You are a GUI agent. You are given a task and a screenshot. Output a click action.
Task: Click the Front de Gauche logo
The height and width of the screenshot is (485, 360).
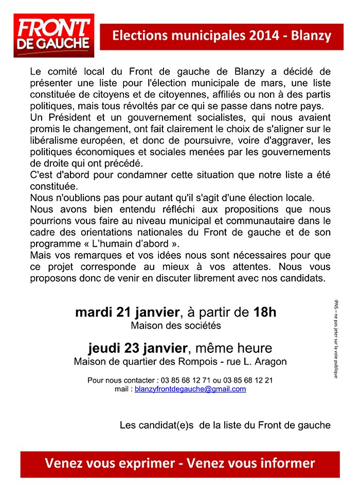pos(53,36)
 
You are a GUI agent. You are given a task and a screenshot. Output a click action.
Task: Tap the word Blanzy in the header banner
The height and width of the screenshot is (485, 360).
pos(311,36)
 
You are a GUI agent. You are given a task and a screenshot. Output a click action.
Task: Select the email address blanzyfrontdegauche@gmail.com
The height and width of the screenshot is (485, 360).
pos(190,389)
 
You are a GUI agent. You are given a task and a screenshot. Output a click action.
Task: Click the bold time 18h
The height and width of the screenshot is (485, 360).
pos(265,312)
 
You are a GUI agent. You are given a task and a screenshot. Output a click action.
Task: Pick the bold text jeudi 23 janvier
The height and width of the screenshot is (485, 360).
pos(138,348)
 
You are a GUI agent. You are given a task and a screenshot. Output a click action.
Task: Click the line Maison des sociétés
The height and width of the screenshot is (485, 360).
pos(176,326)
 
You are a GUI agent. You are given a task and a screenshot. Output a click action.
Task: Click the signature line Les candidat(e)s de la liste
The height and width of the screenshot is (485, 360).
pos(225,425)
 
